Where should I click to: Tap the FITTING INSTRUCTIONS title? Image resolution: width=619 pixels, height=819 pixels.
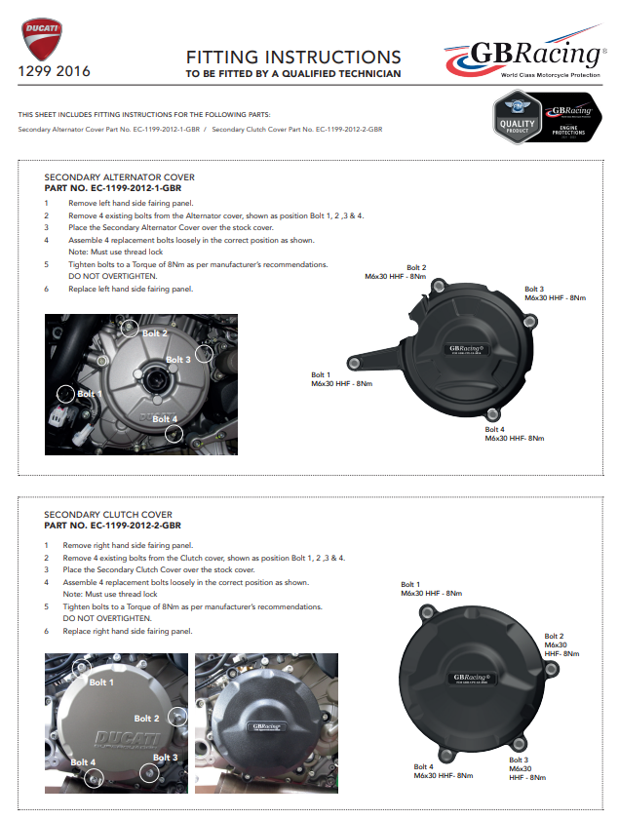pyautogui.click(x=292, y=58)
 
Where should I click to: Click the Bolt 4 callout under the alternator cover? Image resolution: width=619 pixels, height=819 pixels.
pyautogui.click(x=515, y=434)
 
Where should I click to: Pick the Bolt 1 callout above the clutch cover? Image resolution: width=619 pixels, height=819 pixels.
pyautogui.click(x=431, y=588)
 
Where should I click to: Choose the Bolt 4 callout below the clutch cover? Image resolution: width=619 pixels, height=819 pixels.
pyautogui.click(x=443, y=770)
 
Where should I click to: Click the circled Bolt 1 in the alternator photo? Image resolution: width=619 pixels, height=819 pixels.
pyautogui.click(x=65, y=393)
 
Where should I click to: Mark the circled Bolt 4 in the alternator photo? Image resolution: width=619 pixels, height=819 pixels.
pyautogui.click(x=174, y=432)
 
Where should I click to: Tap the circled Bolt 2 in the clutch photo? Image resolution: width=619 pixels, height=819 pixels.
pyautogui.click(x=176, y=717)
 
